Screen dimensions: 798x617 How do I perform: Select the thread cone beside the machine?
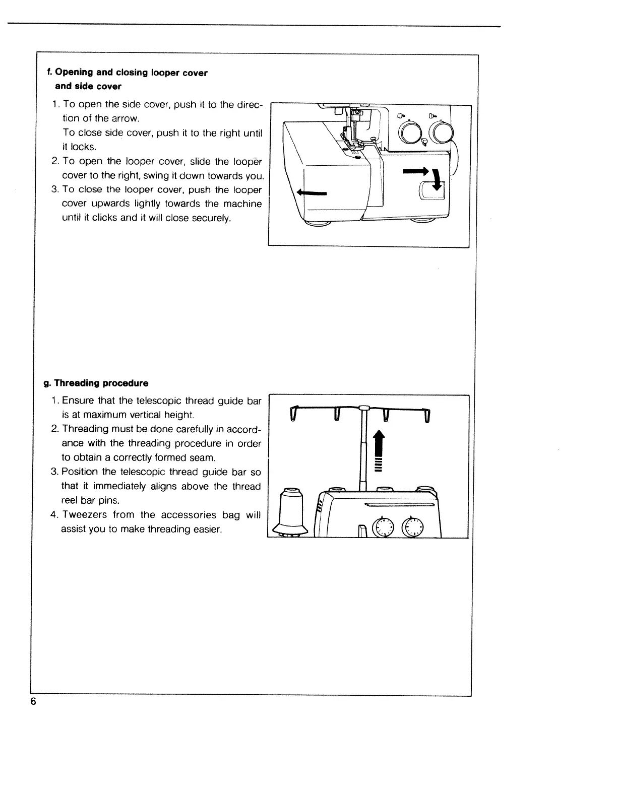pyautogui.click(x=291, y=510)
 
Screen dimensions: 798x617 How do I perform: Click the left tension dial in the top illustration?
pyautogui.click(x=410, y=132)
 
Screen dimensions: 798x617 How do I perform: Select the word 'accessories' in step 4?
pyautogui.click(x=188, y=515)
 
